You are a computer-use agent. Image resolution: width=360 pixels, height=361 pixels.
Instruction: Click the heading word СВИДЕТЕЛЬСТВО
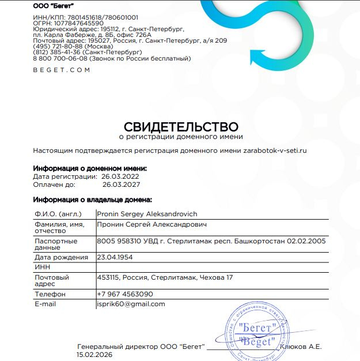click(x=181, y=126)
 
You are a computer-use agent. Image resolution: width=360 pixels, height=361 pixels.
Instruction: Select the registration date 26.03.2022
click(x=120, y=176)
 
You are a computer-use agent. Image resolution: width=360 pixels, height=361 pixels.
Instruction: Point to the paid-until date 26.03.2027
click(x=121, y=185)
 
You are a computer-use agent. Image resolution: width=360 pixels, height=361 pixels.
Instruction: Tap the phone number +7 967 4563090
click(x=125, y=294)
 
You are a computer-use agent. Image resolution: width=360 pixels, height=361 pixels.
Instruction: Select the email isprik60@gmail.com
click(x=131, y=304)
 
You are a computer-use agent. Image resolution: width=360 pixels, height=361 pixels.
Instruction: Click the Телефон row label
click(x=50, y=294)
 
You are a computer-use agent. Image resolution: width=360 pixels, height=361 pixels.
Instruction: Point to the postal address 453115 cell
click(x=165, y=277)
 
